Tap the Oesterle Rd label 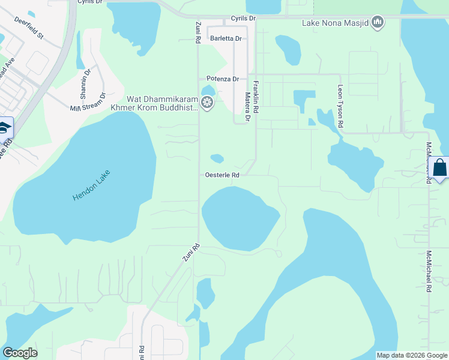tap(222, 175)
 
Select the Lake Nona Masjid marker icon tap(378, 23)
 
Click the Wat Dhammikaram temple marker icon tap(207, 103)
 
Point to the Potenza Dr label tap(222, 79)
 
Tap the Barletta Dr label tap(226, 38)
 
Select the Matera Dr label tap(247, 105)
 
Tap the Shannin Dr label tap(85, 85)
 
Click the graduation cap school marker tap(4, 128)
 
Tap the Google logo tap(20, 353)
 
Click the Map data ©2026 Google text tap(412, 355)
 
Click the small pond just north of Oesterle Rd tap(217, 158)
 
